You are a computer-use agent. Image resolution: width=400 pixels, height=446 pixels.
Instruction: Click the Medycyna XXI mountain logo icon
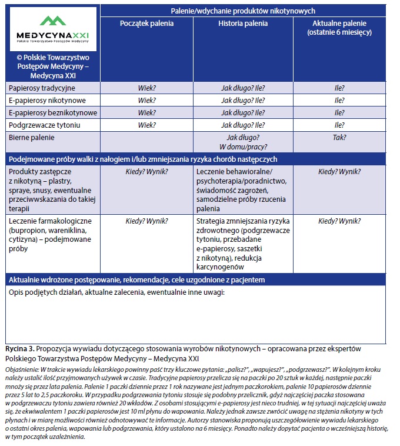(53, 22)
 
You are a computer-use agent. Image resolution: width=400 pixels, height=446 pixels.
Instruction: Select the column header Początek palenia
(147, 24)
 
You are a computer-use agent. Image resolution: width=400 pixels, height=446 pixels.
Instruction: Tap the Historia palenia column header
(243, 24)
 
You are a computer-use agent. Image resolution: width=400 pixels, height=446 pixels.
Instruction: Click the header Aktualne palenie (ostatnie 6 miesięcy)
(339, 28)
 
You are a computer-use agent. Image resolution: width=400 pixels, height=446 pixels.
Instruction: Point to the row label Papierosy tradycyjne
(42, 88)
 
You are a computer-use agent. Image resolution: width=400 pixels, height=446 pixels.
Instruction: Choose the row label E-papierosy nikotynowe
(47, 100)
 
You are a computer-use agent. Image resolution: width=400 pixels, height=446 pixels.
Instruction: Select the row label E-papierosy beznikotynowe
(52, 112)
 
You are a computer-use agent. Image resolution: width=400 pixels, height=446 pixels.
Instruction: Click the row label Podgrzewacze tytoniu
(44, 125)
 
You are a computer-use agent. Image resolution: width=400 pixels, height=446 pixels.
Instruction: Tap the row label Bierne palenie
(31, 137)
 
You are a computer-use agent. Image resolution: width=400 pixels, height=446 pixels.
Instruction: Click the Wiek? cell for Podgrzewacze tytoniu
(147, 125)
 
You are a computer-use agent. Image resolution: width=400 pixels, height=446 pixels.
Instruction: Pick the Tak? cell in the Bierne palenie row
(339, 137)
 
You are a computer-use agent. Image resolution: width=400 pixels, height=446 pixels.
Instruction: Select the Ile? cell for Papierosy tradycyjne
(339, 88)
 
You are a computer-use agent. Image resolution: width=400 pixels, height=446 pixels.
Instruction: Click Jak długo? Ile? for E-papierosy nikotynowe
(243, 100)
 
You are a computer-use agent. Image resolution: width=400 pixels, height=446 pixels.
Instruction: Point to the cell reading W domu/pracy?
(243, 146)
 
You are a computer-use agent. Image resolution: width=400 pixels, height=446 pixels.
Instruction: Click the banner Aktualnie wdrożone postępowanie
(137, 279)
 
